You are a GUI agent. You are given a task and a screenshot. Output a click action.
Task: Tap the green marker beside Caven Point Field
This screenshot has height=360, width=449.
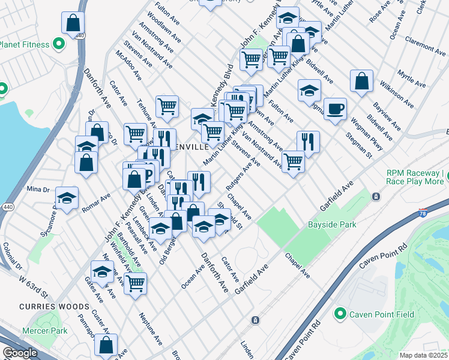pos(340,314)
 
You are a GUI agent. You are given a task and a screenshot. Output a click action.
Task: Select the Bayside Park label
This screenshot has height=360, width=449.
pos(332,225)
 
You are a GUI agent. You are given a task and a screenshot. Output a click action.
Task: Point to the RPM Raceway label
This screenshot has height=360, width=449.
pos(416,177)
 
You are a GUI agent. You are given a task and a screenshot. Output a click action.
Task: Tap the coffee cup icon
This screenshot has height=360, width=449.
pos(336,109)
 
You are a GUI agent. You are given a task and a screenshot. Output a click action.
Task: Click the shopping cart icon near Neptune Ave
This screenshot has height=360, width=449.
pos(136,281)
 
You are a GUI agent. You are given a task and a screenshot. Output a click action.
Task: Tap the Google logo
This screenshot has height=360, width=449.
pos(20,353)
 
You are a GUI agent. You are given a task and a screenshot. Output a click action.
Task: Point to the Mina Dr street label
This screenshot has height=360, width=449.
pos(38,190)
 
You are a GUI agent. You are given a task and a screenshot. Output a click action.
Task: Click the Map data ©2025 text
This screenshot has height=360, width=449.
pos(423,355)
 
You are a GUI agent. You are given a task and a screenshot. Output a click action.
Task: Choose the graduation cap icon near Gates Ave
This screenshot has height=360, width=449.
pos(102,271)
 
